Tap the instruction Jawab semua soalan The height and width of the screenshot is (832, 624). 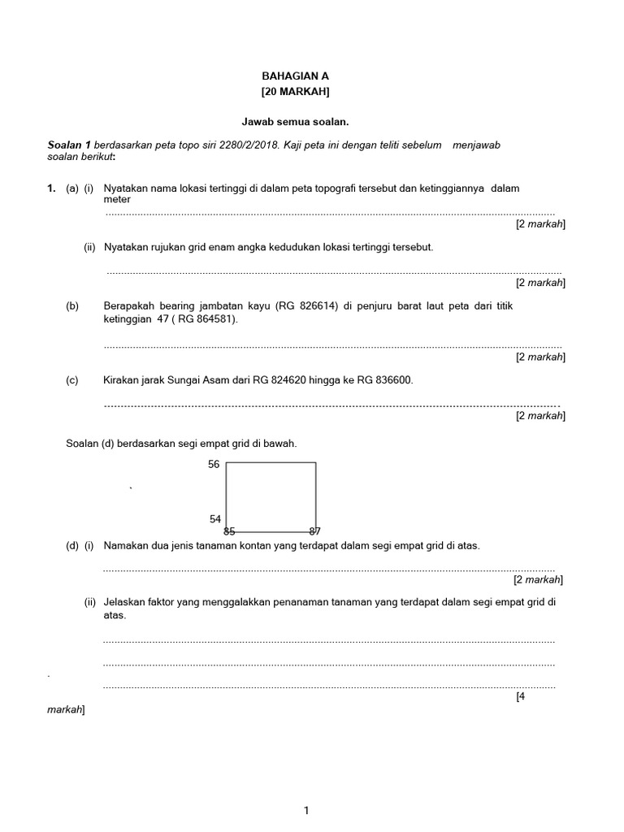tap(295, 121)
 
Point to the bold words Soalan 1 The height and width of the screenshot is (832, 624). tap(70, 145)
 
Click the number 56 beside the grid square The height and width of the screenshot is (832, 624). tap(214, 464)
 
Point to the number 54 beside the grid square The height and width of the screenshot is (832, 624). tap(215, 518)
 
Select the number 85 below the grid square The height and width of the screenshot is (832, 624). tap(229, 531)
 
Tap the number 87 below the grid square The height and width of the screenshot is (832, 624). tap(314, 531)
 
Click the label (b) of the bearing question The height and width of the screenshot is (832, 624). tap(72, 305)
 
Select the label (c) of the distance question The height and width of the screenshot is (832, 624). tap(72, 379)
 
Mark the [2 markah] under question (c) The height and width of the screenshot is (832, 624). tap(540, 415)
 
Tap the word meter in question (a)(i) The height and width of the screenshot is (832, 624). tap(117, 200)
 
